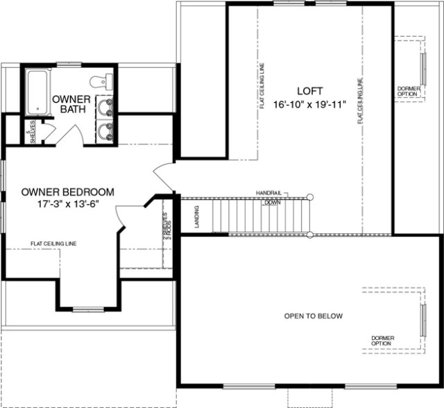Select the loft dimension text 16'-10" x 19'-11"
[310, 105]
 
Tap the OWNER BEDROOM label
[68, 192]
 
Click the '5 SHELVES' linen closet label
[30, 131]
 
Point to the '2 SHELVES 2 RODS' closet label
[166, 227]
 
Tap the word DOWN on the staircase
[271, 203]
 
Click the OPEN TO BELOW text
[313, 316]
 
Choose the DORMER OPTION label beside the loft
[407, 91]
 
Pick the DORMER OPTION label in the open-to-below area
[382, 341]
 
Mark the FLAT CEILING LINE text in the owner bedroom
[53, 244]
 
